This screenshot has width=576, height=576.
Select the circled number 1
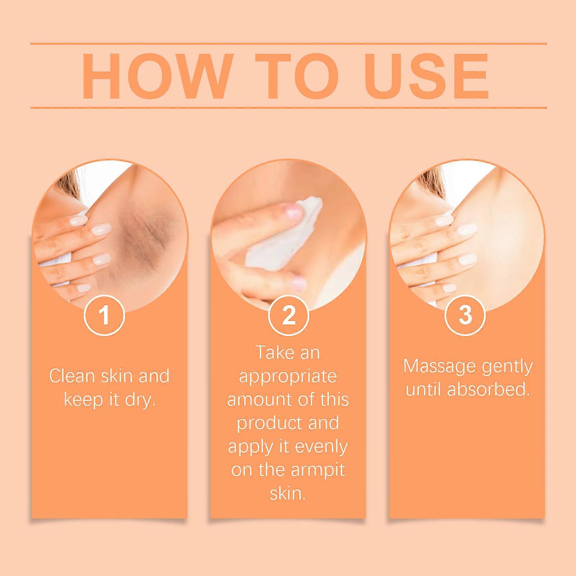point(104,315)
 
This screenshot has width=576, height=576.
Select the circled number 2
point(288,315)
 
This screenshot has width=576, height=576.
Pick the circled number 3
point(465,315)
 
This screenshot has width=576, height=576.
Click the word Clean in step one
point(72,377)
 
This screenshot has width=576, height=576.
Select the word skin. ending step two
point(288,494)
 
